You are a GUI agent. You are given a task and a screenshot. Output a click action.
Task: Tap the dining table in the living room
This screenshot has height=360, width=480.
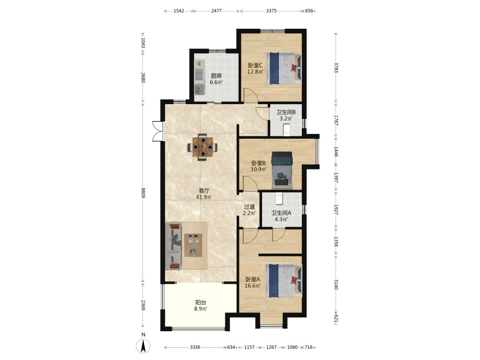pos(203,147)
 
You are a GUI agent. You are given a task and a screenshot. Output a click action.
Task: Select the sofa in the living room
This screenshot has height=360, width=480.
pos(173,246)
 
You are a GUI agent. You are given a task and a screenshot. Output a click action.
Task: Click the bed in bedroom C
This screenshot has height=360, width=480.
pos(284,68)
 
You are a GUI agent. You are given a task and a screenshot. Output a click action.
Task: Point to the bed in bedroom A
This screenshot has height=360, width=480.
pos(284,281)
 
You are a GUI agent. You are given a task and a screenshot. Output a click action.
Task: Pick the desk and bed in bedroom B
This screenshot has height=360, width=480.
pos(282,170)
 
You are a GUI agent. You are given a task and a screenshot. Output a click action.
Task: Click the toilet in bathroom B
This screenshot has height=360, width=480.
pos(287,130)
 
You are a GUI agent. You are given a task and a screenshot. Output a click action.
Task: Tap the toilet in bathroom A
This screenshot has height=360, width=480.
pos(279,198)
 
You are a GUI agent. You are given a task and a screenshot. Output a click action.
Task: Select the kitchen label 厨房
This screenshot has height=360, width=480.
pos(216,76)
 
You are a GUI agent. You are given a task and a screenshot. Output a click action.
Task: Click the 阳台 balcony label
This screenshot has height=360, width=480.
pos(201,302)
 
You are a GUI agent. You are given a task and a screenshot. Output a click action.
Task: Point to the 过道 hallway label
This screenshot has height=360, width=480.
pos(249,207)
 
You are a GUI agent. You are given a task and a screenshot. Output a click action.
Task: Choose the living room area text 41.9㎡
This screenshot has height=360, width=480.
pos(204,197)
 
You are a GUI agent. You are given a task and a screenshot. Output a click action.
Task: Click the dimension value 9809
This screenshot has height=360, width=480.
pos(143,192)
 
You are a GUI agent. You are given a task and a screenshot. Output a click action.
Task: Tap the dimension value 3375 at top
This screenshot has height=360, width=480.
pos(271,11)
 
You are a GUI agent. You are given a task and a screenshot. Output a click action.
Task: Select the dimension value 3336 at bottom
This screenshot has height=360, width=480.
pos(195,347)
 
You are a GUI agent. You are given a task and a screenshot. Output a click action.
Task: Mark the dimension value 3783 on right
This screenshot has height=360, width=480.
pos(336,68)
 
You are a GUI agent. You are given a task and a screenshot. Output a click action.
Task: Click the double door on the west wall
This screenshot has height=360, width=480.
pos(157,132)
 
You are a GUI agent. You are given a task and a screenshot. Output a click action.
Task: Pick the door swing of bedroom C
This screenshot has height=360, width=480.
pos(251,95)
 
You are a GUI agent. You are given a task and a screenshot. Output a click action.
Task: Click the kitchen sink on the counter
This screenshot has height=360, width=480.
pos(200,89)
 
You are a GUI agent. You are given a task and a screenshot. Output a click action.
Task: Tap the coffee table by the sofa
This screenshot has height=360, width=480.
pos(193,245)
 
